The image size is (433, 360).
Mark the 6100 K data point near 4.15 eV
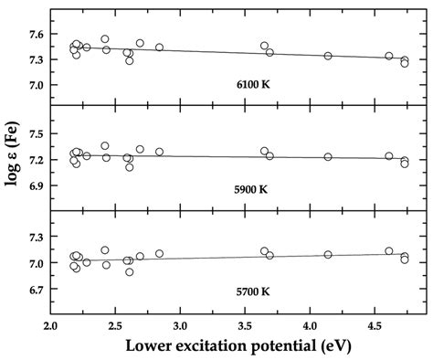coord(328,56)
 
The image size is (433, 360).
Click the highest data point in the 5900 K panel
coord(105,145)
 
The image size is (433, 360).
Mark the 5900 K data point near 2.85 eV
coord(159,152)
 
